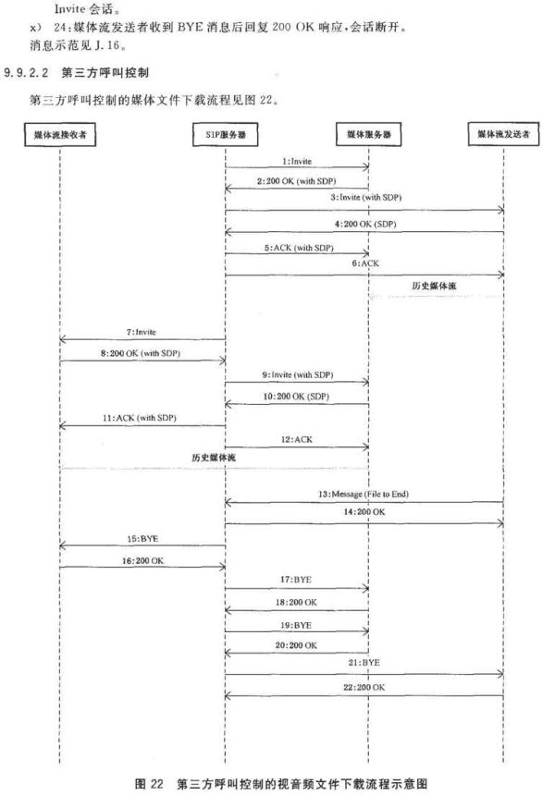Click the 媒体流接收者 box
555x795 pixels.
point(60,134)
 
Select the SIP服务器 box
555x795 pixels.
point(226,134)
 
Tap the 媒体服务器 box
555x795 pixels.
point(369,134)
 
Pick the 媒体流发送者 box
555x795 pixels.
point(503,134)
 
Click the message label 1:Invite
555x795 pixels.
point(297,161)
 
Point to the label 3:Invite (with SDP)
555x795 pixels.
point(365,197)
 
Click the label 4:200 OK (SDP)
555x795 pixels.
point(365,224)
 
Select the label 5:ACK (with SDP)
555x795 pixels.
point(299,248)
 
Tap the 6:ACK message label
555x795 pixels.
point(365,263)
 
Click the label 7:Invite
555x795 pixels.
point(141,332)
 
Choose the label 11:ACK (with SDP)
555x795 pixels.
point(140,418)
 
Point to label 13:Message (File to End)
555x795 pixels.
point(364,494)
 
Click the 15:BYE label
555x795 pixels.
point(142,539)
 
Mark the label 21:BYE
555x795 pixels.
point(364,663)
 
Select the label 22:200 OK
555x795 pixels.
point(364,687)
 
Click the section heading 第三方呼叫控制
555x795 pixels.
point(105,72)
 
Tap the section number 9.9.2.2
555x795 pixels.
point(26,72)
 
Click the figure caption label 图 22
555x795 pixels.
point(149,784)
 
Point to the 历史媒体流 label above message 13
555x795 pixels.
point(214,458)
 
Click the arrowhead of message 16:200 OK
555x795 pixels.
point(223,567)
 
